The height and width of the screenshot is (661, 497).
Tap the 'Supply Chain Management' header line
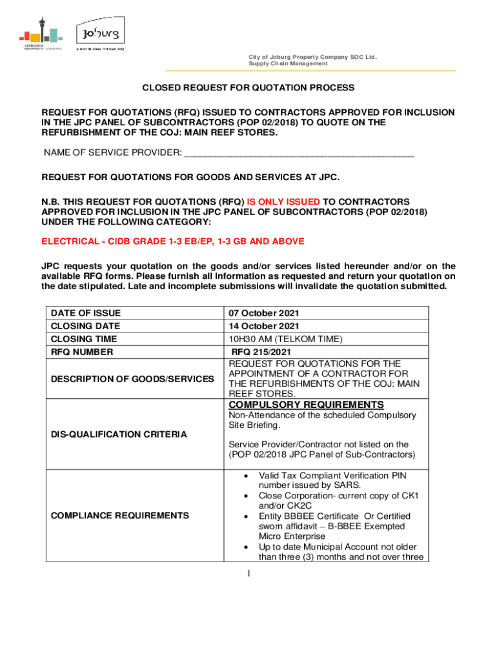(x=289, y=63)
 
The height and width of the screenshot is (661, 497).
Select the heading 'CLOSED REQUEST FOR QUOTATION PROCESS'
(x=249, y=88)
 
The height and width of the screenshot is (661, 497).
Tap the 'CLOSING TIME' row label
(x=84, y=339)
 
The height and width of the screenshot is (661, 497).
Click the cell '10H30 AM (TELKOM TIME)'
(x=285, y=339)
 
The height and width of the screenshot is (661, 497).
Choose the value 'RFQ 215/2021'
(x=261, y=352)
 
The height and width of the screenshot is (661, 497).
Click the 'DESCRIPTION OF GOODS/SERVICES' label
(x=132, y=379)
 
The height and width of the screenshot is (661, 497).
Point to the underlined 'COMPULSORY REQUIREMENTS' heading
(x=307, y=405)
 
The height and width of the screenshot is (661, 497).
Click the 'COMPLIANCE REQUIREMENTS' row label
(x=120, y=516)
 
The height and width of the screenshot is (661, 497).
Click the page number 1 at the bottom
(x=249, y=574)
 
